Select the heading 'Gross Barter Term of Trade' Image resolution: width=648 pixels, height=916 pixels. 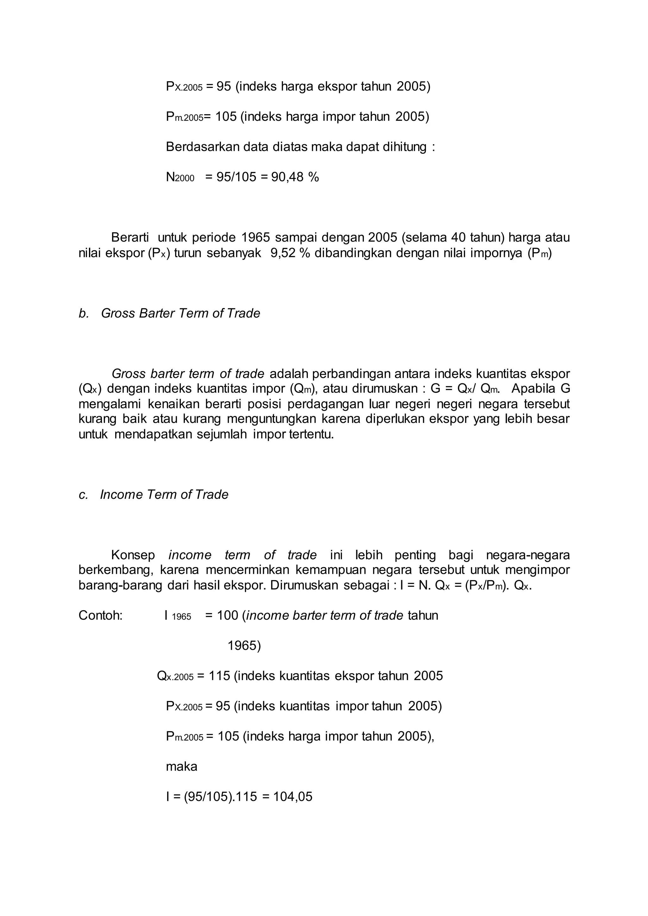[180, 313]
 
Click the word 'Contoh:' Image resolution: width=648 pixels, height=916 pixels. [101, 615]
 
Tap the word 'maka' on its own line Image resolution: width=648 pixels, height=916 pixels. [182, 766]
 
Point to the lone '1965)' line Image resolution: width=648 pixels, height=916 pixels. [244, 645]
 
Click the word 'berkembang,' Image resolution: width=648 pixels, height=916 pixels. [116, 570]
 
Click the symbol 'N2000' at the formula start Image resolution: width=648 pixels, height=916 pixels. [180, 177]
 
